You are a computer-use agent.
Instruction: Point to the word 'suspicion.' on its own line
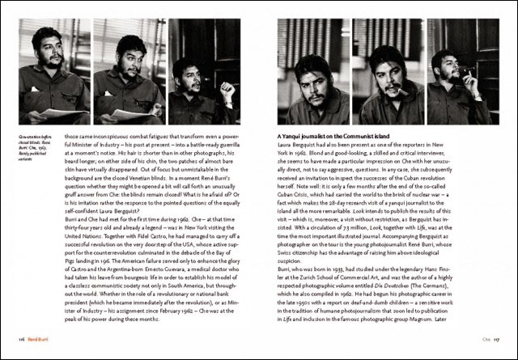click(x=292, y=237)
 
